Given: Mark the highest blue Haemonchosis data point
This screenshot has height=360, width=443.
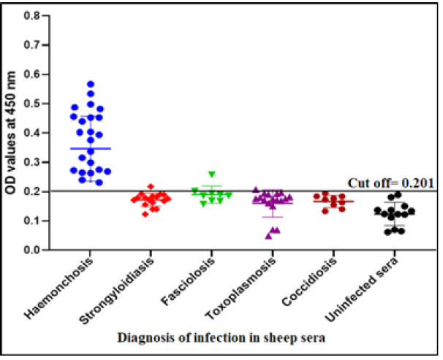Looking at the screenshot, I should (x=91, y=84).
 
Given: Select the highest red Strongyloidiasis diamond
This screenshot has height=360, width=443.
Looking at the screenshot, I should (x=151, y=187).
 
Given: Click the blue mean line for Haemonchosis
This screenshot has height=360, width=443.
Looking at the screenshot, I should (x=91, y=148).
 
